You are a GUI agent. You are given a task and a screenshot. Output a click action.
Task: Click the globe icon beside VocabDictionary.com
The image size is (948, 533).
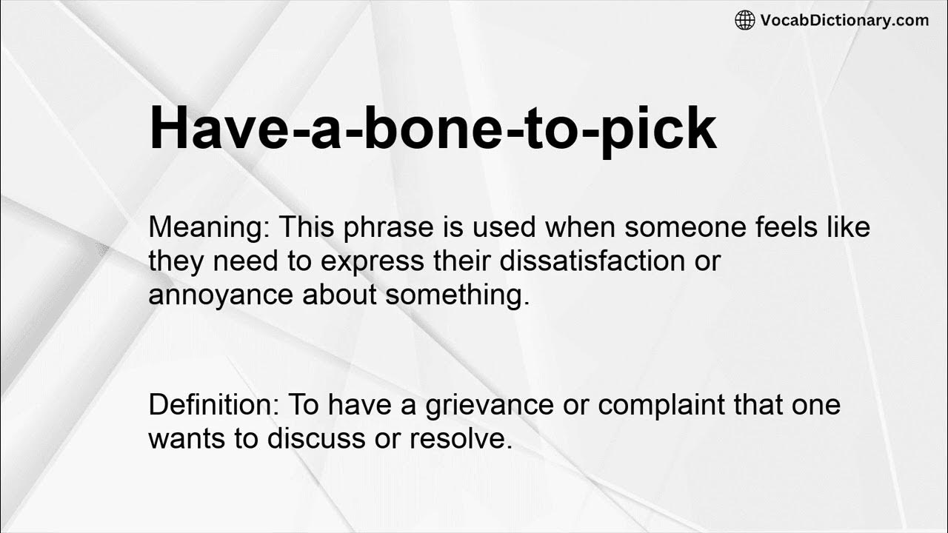coord(745,20)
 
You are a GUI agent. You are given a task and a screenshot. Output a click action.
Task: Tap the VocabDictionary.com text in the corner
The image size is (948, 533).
coord(844,20)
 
